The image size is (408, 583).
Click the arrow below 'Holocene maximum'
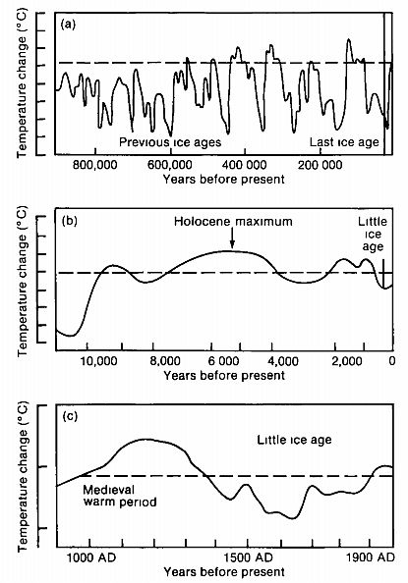click(232, 241)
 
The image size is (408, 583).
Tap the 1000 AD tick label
click(89, 556)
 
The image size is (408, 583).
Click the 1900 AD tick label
click(372, 556)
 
